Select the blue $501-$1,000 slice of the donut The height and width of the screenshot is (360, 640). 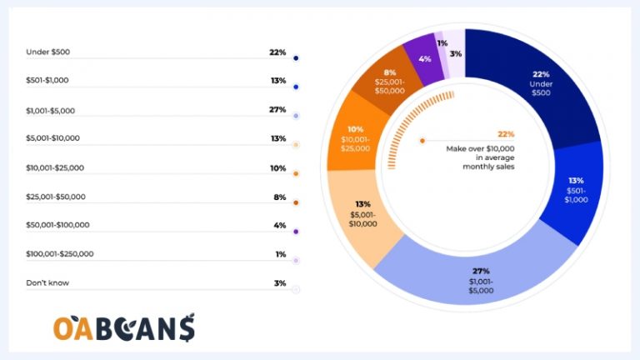575,191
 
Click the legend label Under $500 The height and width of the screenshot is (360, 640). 48,52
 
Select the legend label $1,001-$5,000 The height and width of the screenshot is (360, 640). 52,110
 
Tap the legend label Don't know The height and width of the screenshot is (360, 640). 47,282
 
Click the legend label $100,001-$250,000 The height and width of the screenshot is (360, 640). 60,254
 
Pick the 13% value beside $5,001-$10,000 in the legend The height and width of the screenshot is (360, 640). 278,138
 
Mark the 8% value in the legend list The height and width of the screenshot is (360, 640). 279,197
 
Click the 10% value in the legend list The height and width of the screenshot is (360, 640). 278,167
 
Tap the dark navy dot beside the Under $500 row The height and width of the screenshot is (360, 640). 296,58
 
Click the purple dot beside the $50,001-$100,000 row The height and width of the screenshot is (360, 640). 296,232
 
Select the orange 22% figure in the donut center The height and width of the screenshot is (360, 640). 506,134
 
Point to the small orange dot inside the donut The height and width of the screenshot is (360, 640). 422,141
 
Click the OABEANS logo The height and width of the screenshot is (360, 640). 124,327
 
